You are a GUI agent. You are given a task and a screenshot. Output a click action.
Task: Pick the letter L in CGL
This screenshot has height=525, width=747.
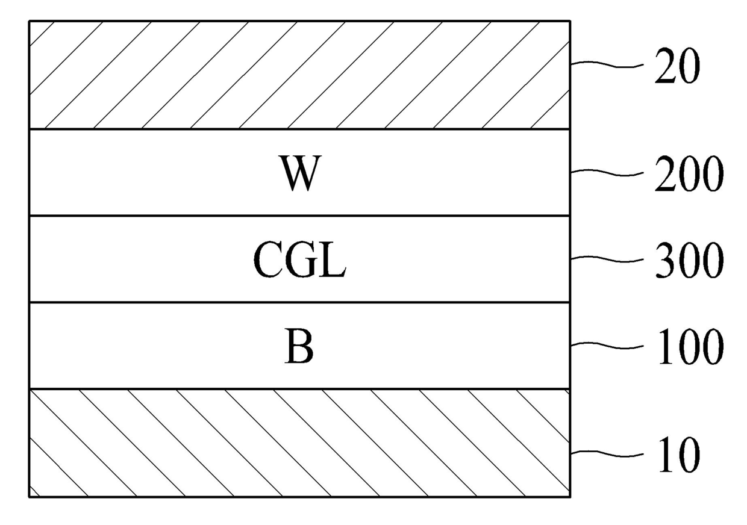point(333,261)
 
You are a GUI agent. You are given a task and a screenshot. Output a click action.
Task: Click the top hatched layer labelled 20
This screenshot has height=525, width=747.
point(299,75)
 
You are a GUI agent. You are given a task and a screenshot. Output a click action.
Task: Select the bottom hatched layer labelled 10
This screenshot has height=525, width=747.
point(299,443)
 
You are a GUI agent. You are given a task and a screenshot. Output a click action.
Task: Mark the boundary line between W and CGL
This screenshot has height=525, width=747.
point(299,216)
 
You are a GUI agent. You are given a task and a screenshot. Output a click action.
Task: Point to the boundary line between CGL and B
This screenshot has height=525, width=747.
point(299,302)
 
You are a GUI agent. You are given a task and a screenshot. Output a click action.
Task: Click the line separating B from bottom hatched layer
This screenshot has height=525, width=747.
point(299,389)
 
